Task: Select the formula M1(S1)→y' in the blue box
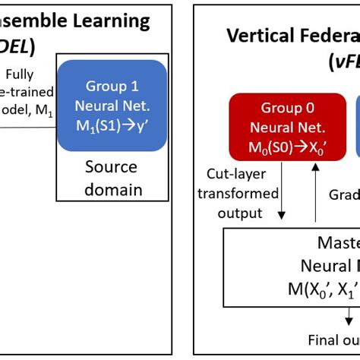(x=111, y=127)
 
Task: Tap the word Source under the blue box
(x=111, y=167)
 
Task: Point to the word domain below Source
(x=111, y=188)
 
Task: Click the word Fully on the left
(x=19, y=75)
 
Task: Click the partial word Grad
(x=343, y=194)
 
